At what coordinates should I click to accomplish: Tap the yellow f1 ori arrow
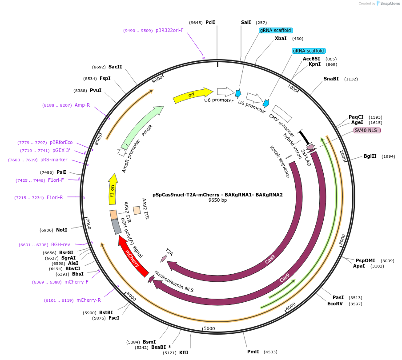(x=113, y=189)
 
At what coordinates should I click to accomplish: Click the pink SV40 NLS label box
(x=367, y=130)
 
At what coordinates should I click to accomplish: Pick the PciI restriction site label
(x=210, y=22)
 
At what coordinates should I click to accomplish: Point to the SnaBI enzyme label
(x=331, y=79)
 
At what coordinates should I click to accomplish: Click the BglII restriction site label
(x=370, y=156)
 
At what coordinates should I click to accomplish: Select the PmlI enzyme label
(x=253, y=352)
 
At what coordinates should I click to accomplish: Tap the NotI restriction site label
(x=61, y=230)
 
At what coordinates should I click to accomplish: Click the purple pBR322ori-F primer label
(x=169, y=31)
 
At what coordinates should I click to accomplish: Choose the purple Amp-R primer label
(x=82, y=105)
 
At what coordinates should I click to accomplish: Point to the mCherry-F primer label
(x=76, y=282)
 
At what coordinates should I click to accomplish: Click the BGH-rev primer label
(x=60, y=244)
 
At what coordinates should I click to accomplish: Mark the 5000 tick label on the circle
(x=209, y=328)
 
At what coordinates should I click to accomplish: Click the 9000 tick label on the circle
(x=157, y=80)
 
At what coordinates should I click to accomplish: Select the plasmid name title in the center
(x=217, y=195)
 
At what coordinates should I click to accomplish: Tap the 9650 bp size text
(x=217, y=200)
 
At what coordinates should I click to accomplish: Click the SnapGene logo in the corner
(x=387, y=4)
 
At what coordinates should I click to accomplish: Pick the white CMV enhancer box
(x=282, y=113)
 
